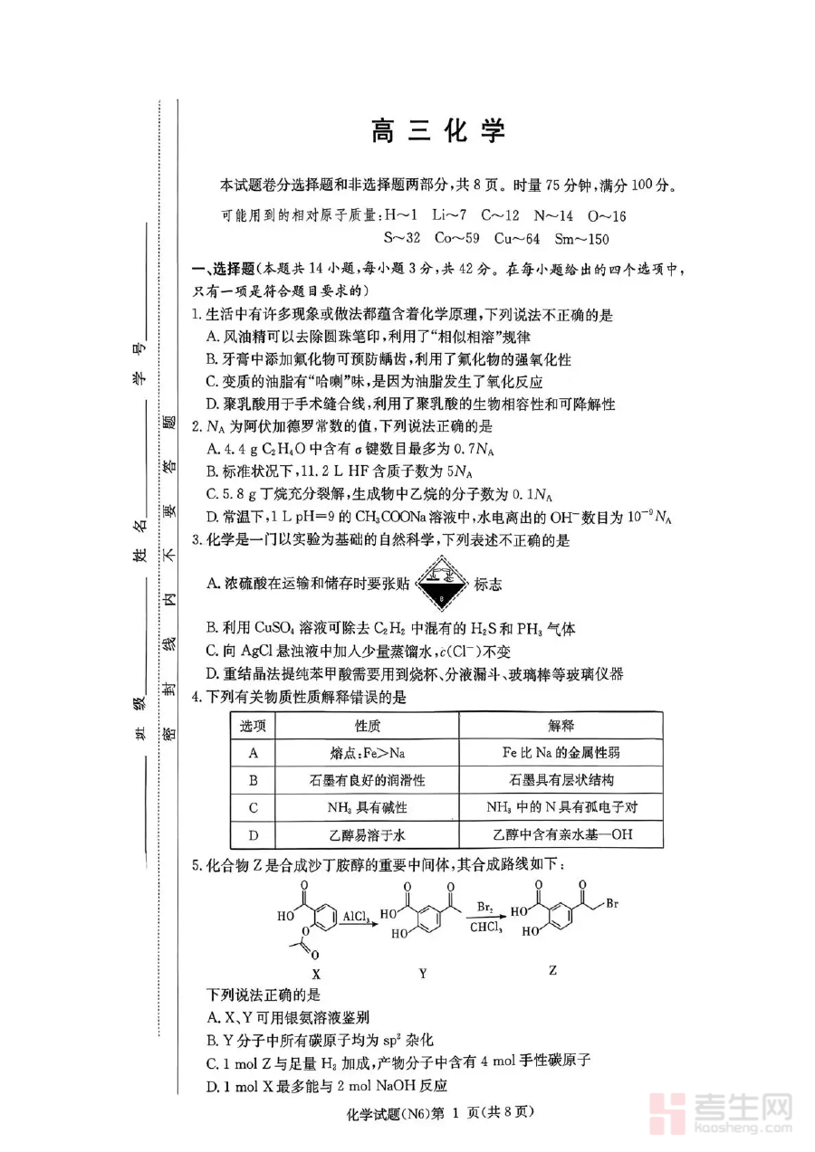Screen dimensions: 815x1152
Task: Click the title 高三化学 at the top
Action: click(438, 131)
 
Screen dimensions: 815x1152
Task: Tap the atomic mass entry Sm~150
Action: click(582, 239)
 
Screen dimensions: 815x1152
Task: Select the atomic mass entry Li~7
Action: click(449, 215)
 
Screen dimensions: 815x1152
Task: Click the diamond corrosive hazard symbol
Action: click(442, 584)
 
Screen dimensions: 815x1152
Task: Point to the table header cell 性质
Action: click(367, 726)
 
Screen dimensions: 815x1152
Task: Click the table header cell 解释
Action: click(561, 726)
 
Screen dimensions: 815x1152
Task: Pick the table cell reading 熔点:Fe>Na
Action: click(367, 754)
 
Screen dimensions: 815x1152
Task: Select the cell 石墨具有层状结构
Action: click(561, 780)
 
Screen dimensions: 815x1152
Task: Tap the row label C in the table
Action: click(253, 808)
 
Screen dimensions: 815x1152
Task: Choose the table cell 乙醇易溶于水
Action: click(367, 835)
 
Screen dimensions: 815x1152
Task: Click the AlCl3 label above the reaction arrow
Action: click(356, 916)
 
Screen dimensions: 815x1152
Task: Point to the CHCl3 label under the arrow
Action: click(485, 928)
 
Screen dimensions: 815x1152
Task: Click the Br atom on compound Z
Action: click(612, 904)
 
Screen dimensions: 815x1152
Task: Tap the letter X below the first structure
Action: click(316, 974)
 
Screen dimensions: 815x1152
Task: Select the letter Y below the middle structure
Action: click(422, 973)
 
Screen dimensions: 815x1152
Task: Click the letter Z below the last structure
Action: click(552, 970)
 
